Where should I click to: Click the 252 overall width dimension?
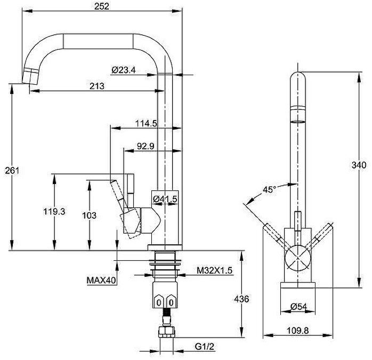click(102, 6)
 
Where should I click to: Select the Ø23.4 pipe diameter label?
click(123, 70)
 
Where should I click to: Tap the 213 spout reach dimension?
click(97, 86)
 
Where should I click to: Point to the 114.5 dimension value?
click(146, 124)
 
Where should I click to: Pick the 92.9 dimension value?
click(145, 146)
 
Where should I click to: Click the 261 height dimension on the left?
click(12, 170)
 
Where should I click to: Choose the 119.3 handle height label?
click(54, 211)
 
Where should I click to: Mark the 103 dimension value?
click(89, 215)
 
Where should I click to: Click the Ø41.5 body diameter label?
click(165, 199)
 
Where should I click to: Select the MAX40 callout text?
click(101, 280)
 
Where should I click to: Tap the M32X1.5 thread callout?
click(214, 270)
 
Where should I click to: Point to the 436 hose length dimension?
click(241, 299)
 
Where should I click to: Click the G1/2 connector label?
click(204, 347)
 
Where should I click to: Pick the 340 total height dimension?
click(359, 165)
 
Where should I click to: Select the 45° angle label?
click(269, 189)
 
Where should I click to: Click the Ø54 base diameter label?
click(298, 307)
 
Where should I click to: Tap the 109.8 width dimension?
click(298, 330)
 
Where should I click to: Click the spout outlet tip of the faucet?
click(30, 76)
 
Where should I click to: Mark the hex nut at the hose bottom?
click(167, 332)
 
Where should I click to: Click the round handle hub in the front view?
click(298, 258)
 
